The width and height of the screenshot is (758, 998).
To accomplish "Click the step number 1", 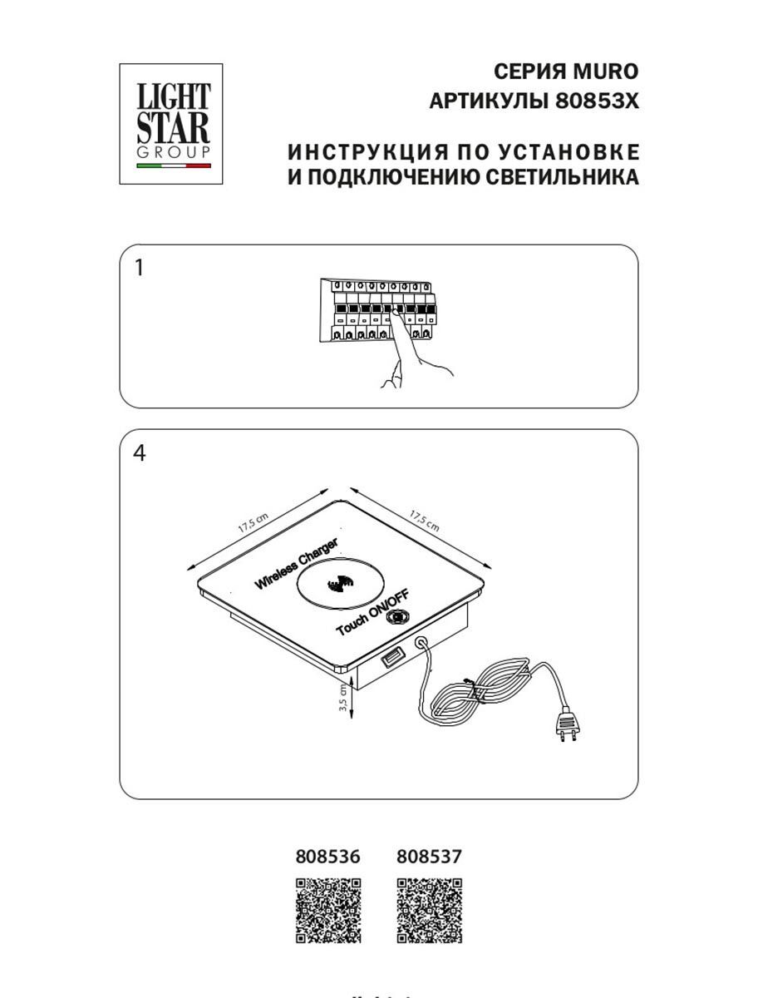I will tap(139, 268).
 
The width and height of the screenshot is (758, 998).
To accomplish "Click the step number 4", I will tap(139, 454).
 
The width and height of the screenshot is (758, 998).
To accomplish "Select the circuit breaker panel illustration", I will tap(378, 310).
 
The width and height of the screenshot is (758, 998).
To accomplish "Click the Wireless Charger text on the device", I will tap(297, 565).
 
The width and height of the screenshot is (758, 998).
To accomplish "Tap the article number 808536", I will tap(328, 857).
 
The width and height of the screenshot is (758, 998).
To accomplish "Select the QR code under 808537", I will tap(430, 911).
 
